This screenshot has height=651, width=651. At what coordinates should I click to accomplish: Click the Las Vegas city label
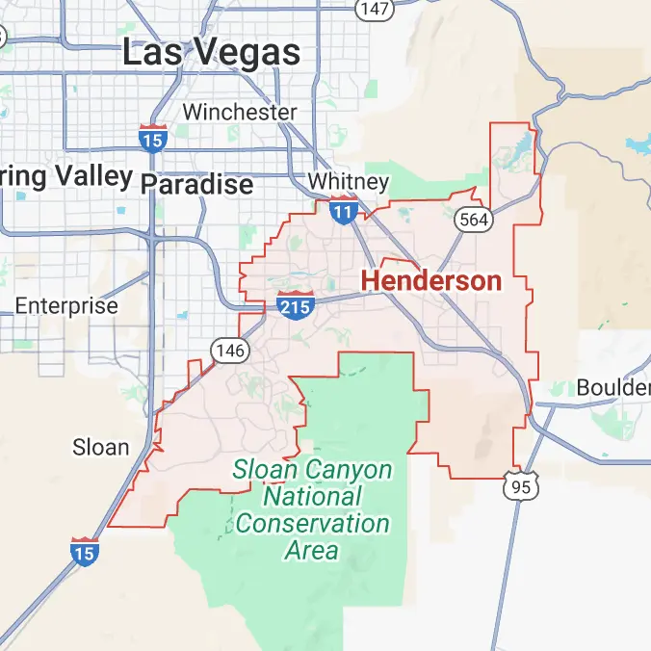coord(211,52)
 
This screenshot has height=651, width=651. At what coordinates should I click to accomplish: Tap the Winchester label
coord(240,112)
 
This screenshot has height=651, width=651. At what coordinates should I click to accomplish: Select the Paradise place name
coord(197,183)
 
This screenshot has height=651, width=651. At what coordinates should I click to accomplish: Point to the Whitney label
coord(349,182)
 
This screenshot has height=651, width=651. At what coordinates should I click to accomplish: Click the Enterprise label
coord(66,306)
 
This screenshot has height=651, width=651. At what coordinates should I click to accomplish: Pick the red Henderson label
coord(431,281)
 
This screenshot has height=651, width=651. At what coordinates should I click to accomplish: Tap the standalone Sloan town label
coord(101,447)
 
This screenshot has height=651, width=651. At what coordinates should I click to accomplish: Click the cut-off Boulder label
coord(613,387)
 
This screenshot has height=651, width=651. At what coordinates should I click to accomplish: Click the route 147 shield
coord(374,9)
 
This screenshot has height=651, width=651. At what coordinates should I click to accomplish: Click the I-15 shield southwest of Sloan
coord(84,551)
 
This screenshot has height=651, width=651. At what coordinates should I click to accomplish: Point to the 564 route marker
coord(475,220)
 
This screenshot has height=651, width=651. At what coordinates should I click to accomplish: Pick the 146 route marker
coord(231,351)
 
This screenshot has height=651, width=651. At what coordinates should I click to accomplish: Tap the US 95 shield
coord(521,486)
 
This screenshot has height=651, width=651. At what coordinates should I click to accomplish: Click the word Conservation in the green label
coord(313,524)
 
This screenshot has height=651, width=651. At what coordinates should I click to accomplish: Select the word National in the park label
coord(312,497)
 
